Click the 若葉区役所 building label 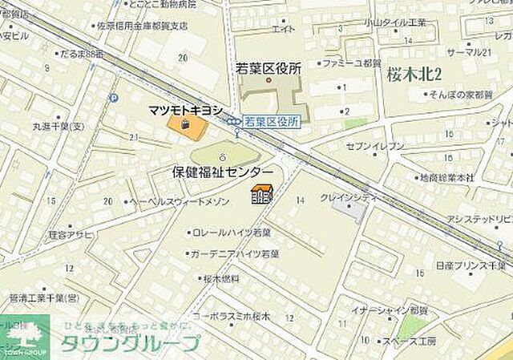(x=268, y=69)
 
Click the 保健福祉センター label (x=223, y=172)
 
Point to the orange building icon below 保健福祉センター (x=261, y=194)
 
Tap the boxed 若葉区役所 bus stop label (x=272, y=121)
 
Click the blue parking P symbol (x=113, y=98)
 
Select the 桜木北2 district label (x=415, y=75)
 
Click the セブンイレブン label (x=375, y=147)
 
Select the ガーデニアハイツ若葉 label (x=233, y=253)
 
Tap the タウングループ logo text (x=128, y=342)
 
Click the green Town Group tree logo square (x=25, y=337)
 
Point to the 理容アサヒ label (x=71, y=234)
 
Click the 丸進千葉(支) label (x=59, y=127)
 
